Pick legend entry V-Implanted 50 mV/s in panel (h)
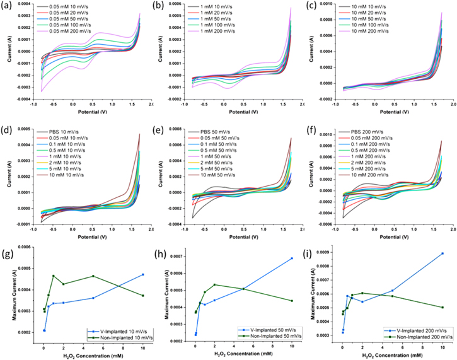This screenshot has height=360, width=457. pos(267,330)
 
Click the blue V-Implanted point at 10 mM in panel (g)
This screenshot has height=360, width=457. pos(143,274)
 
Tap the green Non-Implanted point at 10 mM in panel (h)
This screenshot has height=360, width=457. pos(292,301)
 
